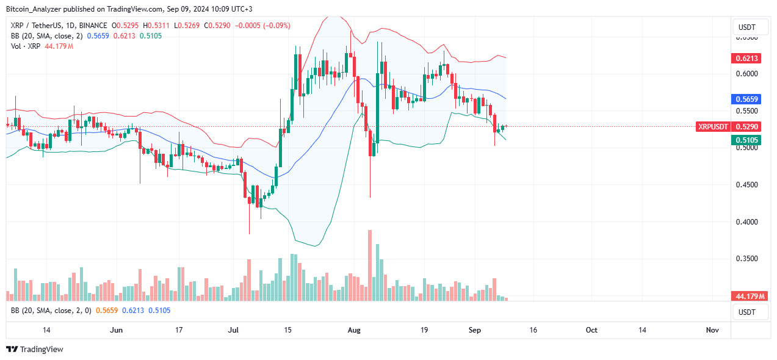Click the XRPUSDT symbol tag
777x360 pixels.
point(714,126)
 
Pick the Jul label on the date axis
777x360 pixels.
point(233,329)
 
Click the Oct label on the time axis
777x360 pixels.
point(591,329)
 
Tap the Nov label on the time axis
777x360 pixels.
point(712,329)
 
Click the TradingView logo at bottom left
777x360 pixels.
point(35,349)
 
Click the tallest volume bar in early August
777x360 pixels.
point(370,265)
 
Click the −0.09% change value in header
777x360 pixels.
point(276,26)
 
